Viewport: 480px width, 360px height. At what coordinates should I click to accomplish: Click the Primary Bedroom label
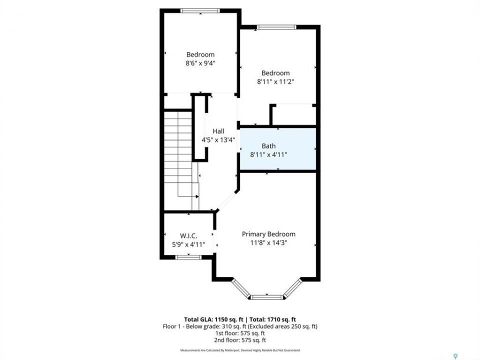(268, 234)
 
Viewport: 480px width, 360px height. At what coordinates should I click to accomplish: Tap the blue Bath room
(277, 148)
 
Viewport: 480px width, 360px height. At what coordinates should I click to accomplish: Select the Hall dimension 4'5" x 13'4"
(218, 140)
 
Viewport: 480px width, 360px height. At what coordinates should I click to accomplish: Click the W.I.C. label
(188, 235)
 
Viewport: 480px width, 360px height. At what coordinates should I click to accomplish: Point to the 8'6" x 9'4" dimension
(200, 63)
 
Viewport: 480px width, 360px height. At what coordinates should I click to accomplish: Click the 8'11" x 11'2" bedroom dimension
(275, 81)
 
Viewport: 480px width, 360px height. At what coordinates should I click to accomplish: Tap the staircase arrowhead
(197, 196)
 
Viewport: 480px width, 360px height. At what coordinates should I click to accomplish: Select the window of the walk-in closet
(188, 257)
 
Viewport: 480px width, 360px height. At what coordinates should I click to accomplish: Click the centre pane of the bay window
(267, 297)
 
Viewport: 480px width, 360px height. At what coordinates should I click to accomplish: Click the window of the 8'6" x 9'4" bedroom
(200, 10)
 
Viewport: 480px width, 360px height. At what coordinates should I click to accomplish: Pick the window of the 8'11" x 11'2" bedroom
(276, 27)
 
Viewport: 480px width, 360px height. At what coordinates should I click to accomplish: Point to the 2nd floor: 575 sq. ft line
(240, 340)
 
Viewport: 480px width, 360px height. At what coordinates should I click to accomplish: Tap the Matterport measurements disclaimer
(240, 350)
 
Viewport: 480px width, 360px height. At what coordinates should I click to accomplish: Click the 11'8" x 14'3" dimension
(268, 243)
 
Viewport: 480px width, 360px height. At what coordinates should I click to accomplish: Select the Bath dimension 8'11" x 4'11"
(268, 155)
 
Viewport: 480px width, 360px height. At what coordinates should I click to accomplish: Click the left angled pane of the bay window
(241, 288)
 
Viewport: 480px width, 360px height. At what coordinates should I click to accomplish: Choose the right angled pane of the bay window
(292, 288)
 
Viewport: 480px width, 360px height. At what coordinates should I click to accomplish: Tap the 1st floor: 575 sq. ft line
(240, 333)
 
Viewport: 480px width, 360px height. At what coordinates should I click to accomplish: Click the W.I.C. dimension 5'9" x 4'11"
(188, 244)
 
